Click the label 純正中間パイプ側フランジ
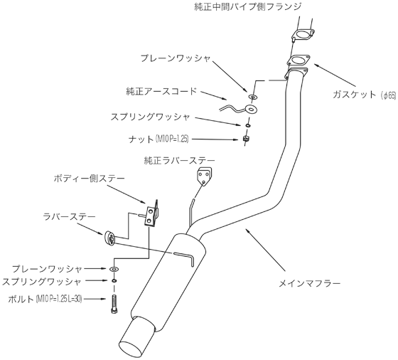click(248, 6)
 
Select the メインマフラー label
click(309, 283)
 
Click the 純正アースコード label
click(161, 91)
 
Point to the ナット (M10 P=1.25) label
click(158, 139)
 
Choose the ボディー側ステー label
click(90, 179)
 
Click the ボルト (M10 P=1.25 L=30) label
click(45, 299)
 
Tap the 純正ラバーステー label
click(179, 161)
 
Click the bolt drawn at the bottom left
click(114, 304)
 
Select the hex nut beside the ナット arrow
click(246, 139)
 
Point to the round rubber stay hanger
click(109, 238)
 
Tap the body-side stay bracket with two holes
click(151, 213)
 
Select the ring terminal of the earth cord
click(252, 109)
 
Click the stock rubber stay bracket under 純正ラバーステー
click(204, 176)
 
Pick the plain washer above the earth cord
click(253, 97)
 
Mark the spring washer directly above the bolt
click(114, 280)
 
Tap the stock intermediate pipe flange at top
click(303, 35)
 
